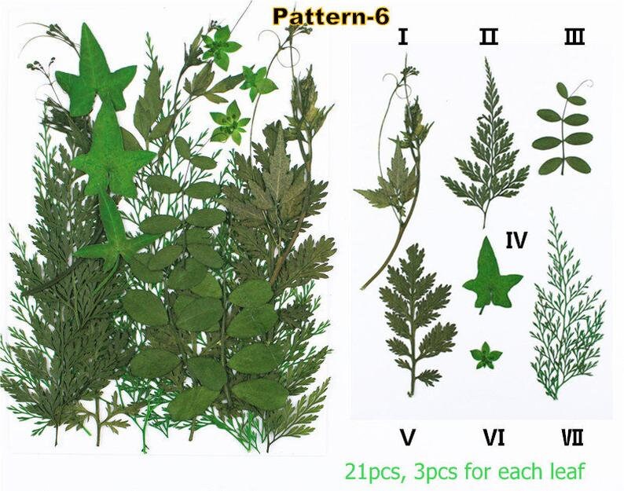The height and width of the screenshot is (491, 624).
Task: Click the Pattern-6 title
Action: point(331,16)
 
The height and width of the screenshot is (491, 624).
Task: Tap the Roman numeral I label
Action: point(402,37)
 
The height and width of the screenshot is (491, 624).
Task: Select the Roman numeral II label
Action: point(489,37)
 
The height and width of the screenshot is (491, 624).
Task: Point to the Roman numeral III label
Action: point(574,37)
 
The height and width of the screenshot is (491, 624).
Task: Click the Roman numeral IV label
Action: point(516,240)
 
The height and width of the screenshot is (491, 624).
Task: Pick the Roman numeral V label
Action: point(408,438)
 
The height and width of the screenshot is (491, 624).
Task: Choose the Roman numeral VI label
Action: point(494,438)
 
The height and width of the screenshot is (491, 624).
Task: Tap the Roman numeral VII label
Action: point(572,438)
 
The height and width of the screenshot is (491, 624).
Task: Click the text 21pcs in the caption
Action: point(371,472)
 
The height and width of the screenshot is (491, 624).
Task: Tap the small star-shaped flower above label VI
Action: point(486,355)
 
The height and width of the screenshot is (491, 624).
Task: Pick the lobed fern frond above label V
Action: point(416,318)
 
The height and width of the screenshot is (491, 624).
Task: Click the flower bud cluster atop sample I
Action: point(410,71)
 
